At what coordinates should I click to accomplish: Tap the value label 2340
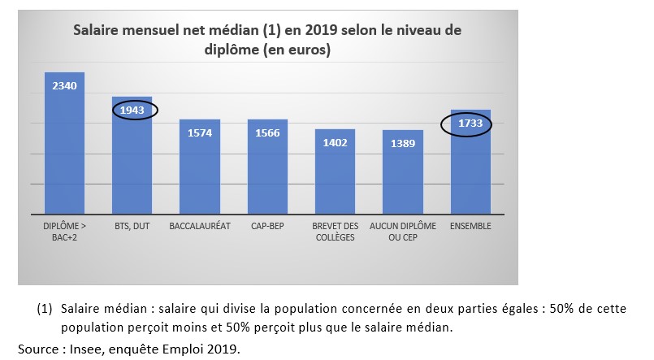[x=64, y=85]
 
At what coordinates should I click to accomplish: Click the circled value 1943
[x=132, y=110]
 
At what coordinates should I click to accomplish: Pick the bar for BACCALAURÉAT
[x=199, y=171]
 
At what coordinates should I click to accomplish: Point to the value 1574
[x=199, y=133]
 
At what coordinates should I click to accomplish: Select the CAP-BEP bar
[x=267, y=171]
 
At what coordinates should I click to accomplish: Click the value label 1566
[x=267, y=133]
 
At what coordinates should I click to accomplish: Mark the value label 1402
[x=335, y=142]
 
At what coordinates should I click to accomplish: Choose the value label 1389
[x=402, y=143]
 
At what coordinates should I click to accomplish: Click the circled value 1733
[x=470, y=124]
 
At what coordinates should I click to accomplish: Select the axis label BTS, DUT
[x=132, y=225]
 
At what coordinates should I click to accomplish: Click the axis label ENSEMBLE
[x=470, y=225]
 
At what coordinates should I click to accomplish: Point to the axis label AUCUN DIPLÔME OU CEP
[x=402, y=230]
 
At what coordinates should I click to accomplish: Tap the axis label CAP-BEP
[x=267, y=225]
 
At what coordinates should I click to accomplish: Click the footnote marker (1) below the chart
[x=44, y=310]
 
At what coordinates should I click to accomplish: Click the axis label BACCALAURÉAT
[x=199, y=225]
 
